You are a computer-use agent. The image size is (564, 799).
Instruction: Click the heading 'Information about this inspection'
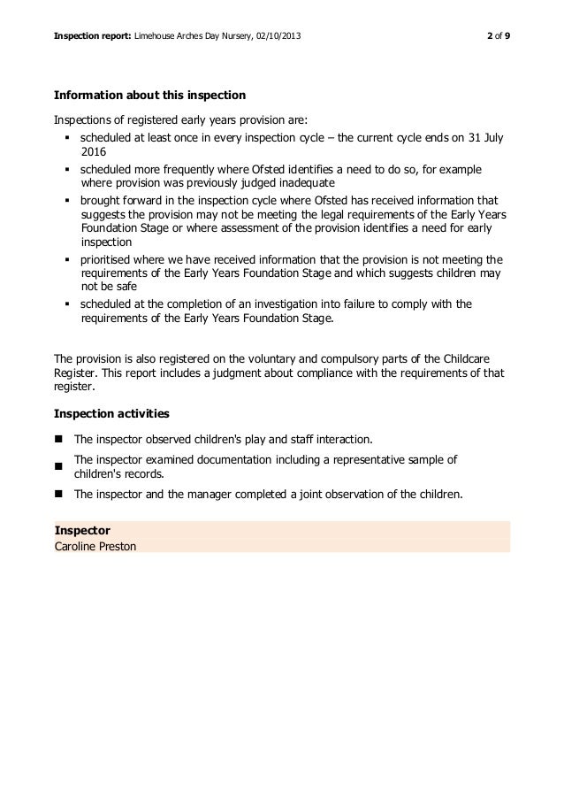tap(150, 95)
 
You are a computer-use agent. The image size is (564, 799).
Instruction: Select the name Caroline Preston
tap(95, 544)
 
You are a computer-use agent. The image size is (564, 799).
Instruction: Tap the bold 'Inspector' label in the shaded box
tap(82, 530)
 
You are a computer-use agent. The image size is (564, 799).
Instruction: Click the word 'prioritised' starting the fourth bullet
tap(107, 259)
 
